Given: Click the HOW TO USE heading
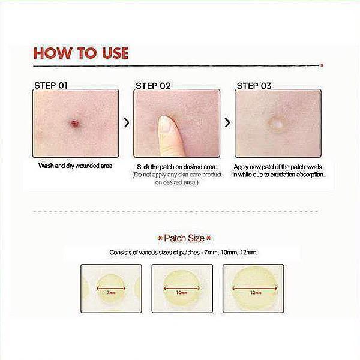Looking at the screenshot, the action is (x=80, y=53).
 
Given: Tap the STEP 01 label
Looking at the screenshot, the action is (x=51, y=86).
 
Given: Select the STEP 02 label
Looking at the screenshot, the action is (x=153, y=86).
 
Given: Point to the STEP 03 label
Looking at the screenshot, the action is (x=254, y=86).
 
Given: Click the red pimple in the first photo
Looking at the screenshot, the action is (x=75, y=123).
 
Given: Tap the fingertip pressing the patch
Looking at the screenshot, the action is (x=166, y=124).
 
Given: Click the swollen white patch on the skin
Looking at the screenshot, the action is (x=277, y=124).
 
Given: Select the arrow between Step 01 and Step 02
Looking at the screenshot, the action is (x=126, y=122).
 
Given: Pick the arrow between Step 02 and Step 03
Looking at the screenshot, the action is (x=227, y=122).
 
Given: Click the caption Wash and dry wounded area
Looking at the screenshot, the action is (x=76, y=166).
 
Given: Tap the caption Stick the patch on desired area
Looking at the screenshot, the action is (x=176, y=167).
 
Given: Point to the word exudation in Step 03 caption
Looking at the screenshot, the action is (x=285, y=175).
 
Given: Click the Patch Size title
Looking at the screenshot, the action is (x=184, y=238).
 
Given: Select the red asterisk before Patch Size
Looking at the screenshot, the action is (x=160, y=238).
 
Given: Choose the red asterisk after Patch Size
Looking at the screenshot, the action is (x=208, y=238).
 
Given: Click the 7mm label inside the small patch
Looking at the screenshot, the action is (x=111, y=293).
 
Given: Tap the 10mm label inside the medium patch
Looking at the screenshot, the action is (x=182, y=293).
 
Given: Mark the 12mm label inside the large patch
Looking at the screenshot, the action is (x=256, y=293).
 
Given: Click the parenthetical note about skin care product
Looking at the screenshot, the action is (x=177, y=179).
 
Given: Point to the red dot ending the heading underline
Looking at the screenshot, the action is (x=322, y=65).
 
